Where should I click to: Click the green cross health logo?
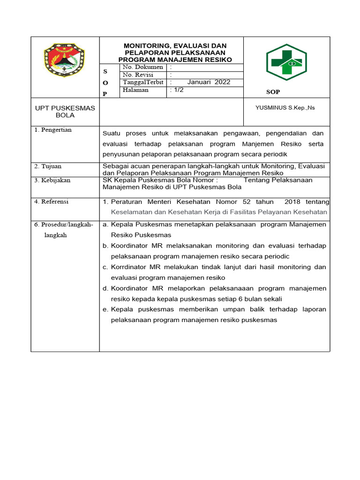pyautogui.click(x=286, y=62)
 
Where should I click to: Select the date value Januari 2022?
pyautogui.click(x=209, y=82)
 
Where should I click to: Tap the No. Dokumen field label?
pyautogui.click(x=142, y=67)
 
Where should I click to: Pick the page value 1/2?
pyautogui.click(x=178, y=90)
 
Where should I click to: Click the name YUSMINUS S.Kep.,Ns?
pyautogui.click(x=285, y=108)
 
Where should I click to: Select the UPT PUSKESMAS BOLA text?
pyautogui.click(x=65, y=112)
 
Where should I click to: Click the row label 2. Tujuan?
pyautogui.click(x=48, y=166)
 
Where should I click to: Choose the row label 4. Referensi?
pyautogui.click(x=52, y=202)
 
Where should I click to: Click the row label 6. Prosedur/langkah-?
pyautogui.click(x=64, y=225)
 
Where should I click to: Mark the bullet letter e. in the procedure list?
pyautogui.click(x=105, y=309)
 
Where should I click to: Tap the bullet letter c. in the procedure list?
pyautogui.click(x=105, y=267)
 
